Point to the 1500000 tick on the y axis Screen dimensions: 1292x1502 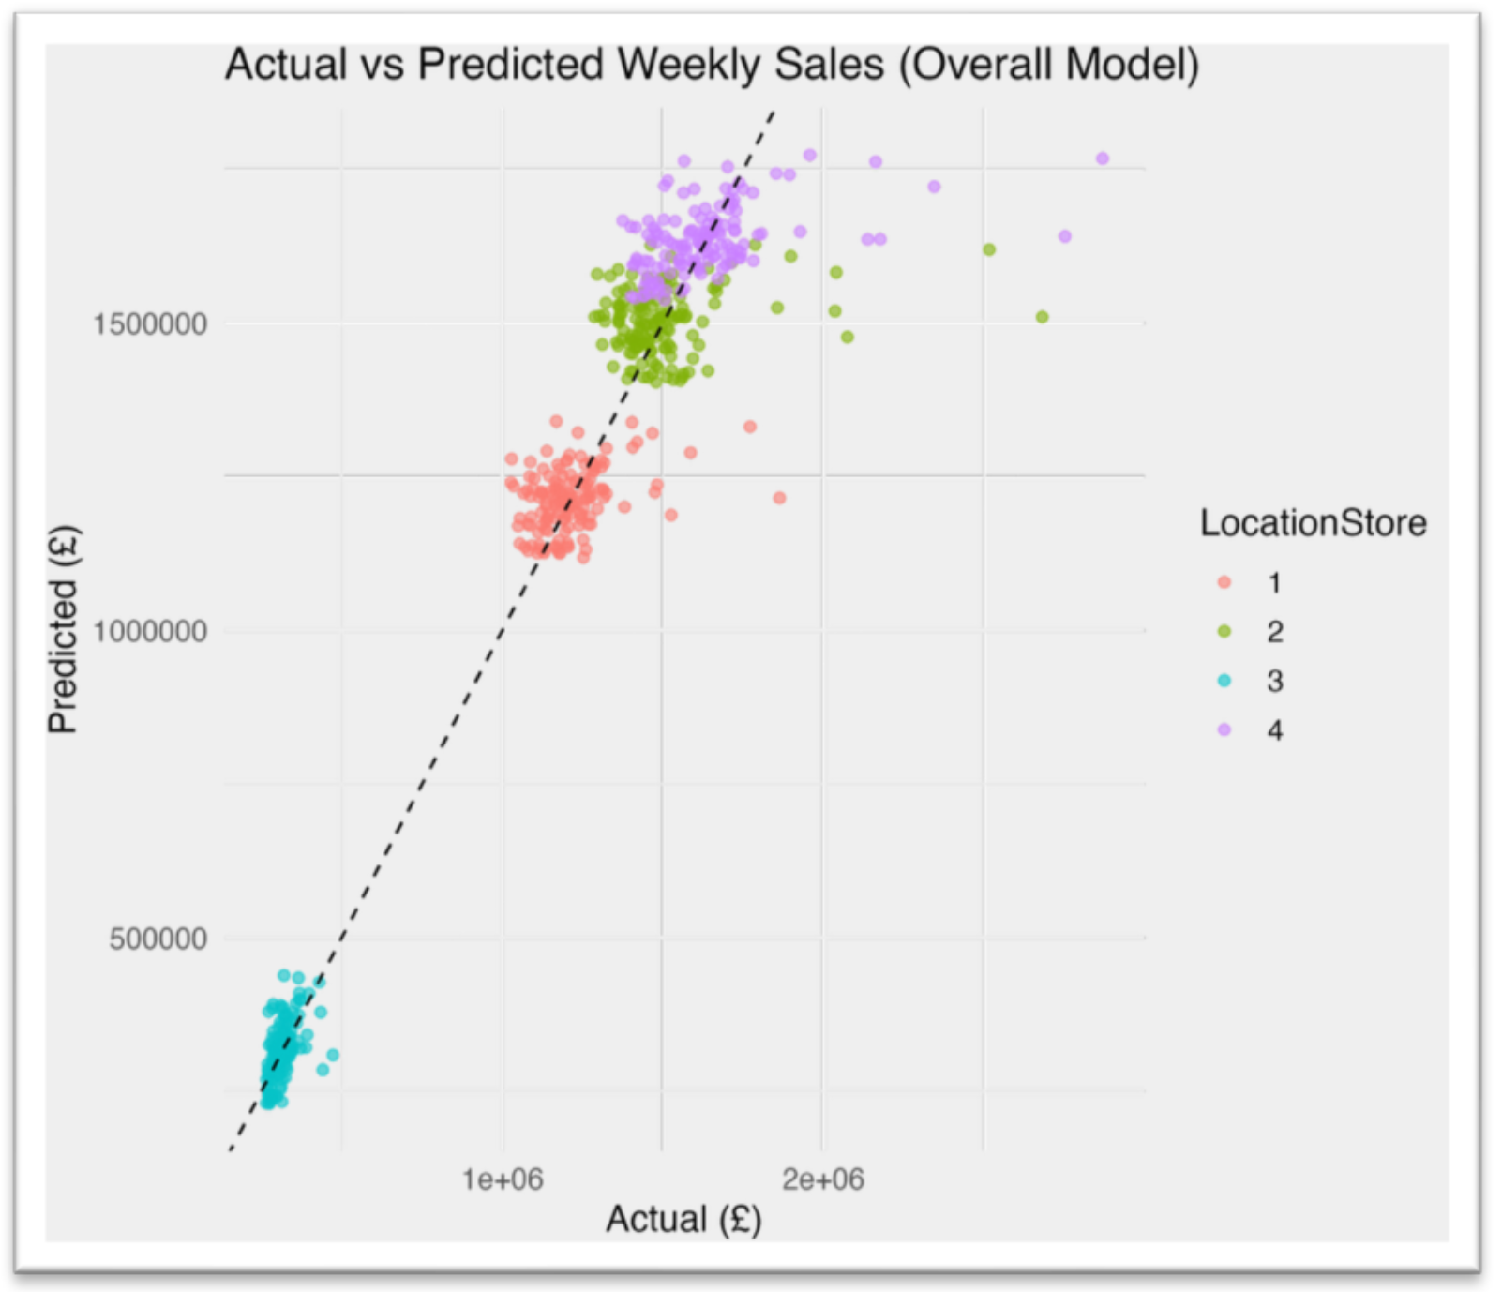[150, 324]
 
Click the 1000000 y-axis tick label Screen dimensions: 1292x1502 [150, 631]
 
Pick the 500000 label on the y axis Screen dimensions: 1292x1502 [158, 939]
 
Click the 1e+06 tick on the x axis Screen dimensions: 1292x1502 [503, 1179]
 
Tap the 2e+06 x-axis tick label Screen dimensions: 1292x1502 [823, 1179]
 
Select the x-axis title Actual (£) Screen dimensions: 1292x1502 [683, 1220]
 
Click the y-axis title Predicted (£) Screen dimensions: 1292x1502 [64, 629]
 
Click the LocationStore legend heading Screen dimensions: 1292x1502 [1313, 523]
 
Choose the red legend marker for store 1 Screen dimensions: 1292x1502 [1224, 582]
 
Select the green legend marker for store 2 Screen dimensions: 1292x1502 [1224, 632]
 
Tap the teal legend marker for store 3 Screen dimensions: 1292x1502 [1224, 681]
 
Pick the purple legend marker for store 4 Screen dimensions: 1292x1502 [1224, 729]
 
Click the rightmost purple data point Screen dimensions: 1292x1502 [1103, 158]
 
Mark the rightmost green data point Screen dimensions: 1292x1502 [1042, 317]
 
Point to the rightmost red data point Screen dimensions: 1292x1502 [779, 498]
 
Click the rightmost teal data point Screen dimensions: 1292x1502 [333, 1055]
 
